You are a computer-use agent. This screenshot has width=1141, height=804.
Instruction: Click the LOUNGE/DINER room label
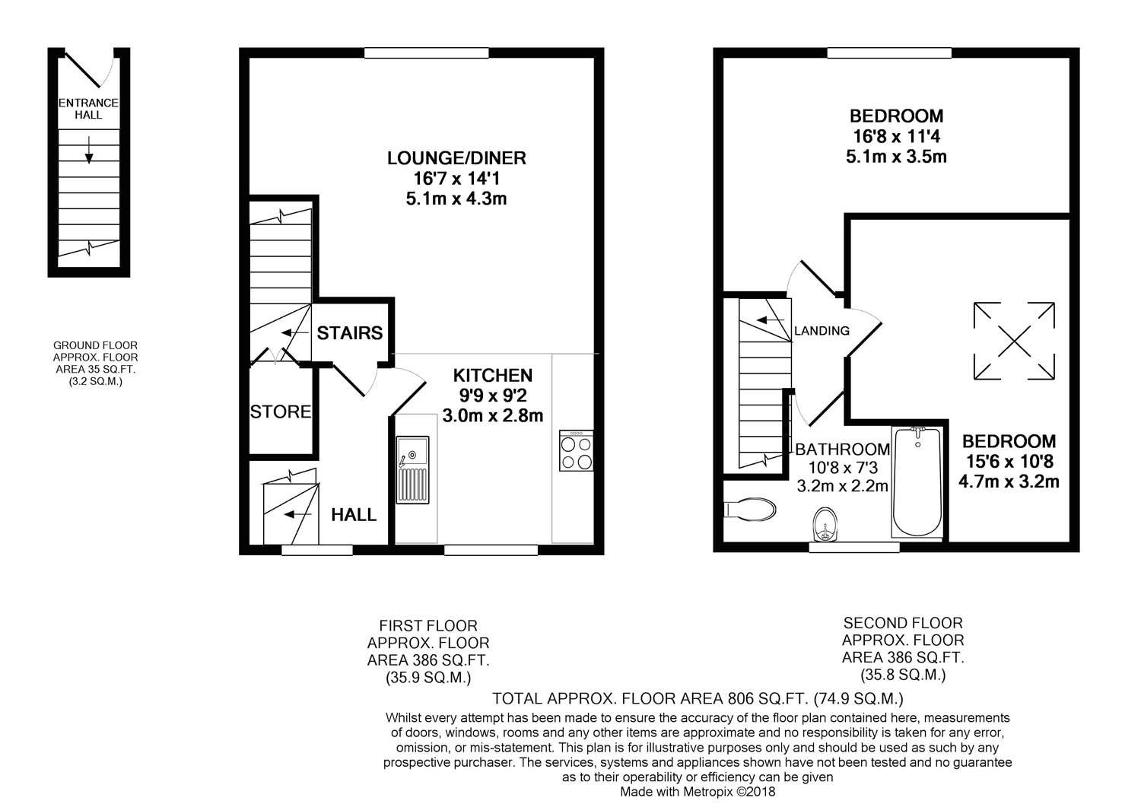(x=456, y=158)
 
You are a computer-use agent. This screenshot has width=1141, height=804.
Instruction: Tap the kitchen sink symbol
(x=413, y=472)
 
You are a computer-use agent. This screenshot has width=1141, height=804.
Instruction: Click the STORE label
(x=281, y=412)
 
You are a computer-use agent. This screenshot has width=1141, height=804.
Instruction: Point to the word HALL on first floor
(x=354, y=515)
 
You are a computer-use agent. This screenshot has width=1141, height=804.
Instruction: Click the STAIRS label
(x=349, y=333)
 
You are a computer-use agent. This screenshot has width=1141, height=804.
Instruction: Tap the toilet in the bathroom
(x=749, y=509)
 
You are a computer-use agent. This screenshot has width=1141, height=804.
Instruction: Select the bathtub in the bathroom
(x=917, y=483)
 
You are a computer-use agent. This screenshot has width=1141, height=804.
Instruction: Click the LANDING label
(x=822, y=331)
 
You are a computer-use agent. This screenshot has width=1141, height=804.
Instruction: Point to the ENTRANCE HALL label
(x=88, y=109)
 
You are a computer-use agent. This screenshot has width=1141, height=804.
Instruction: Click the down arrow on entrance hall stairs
(x=89, y=149)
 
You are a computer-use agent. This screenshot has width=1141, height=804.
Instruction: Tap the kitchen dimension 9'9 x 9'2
(x=492, y=396)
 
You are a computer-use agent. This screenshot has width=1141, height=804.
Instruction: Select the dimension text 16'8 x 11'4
(x=896, y=137)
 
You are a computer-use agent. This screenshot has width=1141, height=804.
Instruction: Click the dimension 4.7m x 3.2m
(x=1009, y=481)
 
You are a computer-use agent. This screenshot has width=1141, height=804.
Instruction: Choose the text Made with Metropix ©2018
(x=698, y=792)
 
